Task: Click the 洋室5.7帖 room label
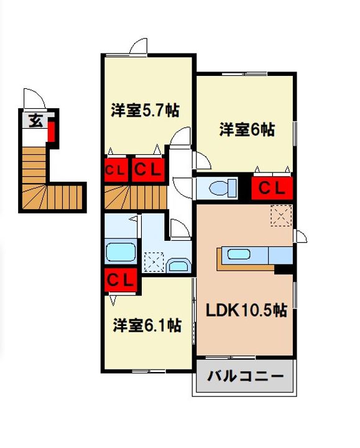point(145,111)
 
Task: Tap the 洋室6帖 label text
point(246,130)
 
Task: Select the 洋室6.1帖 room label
point(147,325)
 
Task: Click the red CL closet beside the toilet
point(272,187)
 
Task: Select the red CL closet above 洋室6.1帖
point(121,280)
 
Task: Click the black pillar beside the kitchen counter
point(284,268)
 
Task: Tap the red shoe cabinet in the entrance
point(53,131)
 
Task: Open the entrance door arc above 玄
point(32,100)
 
